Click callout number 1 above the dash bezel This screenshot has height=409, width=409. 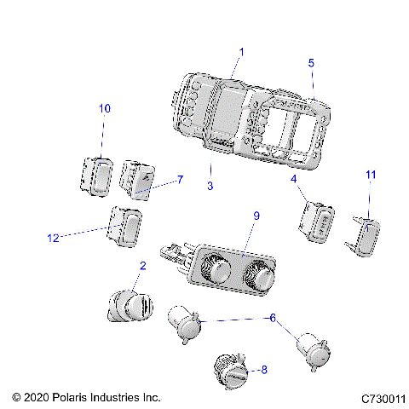click(241, 52)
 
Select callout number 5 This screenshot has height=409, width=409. click(311, 63)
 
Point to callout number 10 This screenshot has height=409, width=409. click(105, 109)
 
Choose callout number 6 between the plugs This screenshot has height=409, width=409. click(272, 317)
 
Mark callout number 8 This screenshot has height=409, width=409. click(263, 370)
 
